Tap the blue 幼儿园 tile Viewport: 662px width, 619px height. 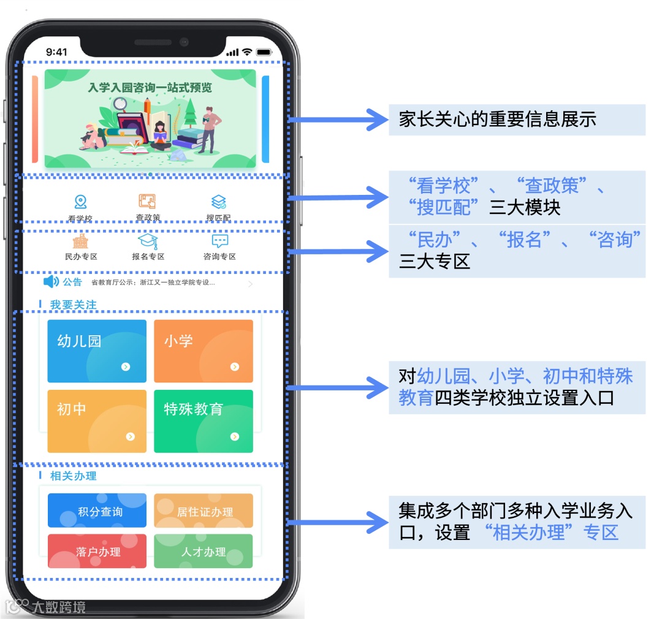coord(97,351)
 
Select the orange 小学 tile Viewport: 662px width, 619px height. coord(203,351)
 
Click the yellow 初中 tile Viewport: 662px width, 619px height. coord(97,421)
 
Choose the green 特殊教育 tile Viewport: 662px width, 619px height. coord(203,421)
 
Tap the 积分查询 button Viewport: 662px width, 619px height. coord(97,511)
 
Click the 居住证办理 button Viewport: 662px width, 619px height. coord(203,511)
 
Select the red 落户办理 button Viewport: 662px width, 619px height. coord(97,550)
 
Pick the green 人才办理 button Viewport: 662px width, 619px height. coord(203,550)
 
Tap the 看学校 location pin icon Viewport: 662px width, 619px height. coord(80,202)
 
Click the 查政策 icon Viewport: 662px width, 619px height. coord(147,201)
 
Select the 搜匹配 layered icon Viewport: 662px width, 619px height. coord(218,202)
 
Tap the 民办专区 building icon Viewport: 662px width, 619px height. coord(80,241)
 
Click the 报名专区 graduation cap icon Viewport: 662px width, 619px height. coord(148,241)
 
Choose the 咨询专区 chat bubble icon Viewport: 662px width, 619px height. coord(219,241)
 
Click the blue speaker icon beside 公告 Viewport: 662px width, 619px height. coord(51,282)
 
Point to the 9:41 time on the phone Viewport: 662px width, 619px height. coord(56,52)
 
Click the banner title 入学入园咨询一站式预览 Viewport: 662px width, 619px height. coord(150,88)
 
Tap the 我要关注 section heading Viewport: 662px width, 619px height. coord(73,305)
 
